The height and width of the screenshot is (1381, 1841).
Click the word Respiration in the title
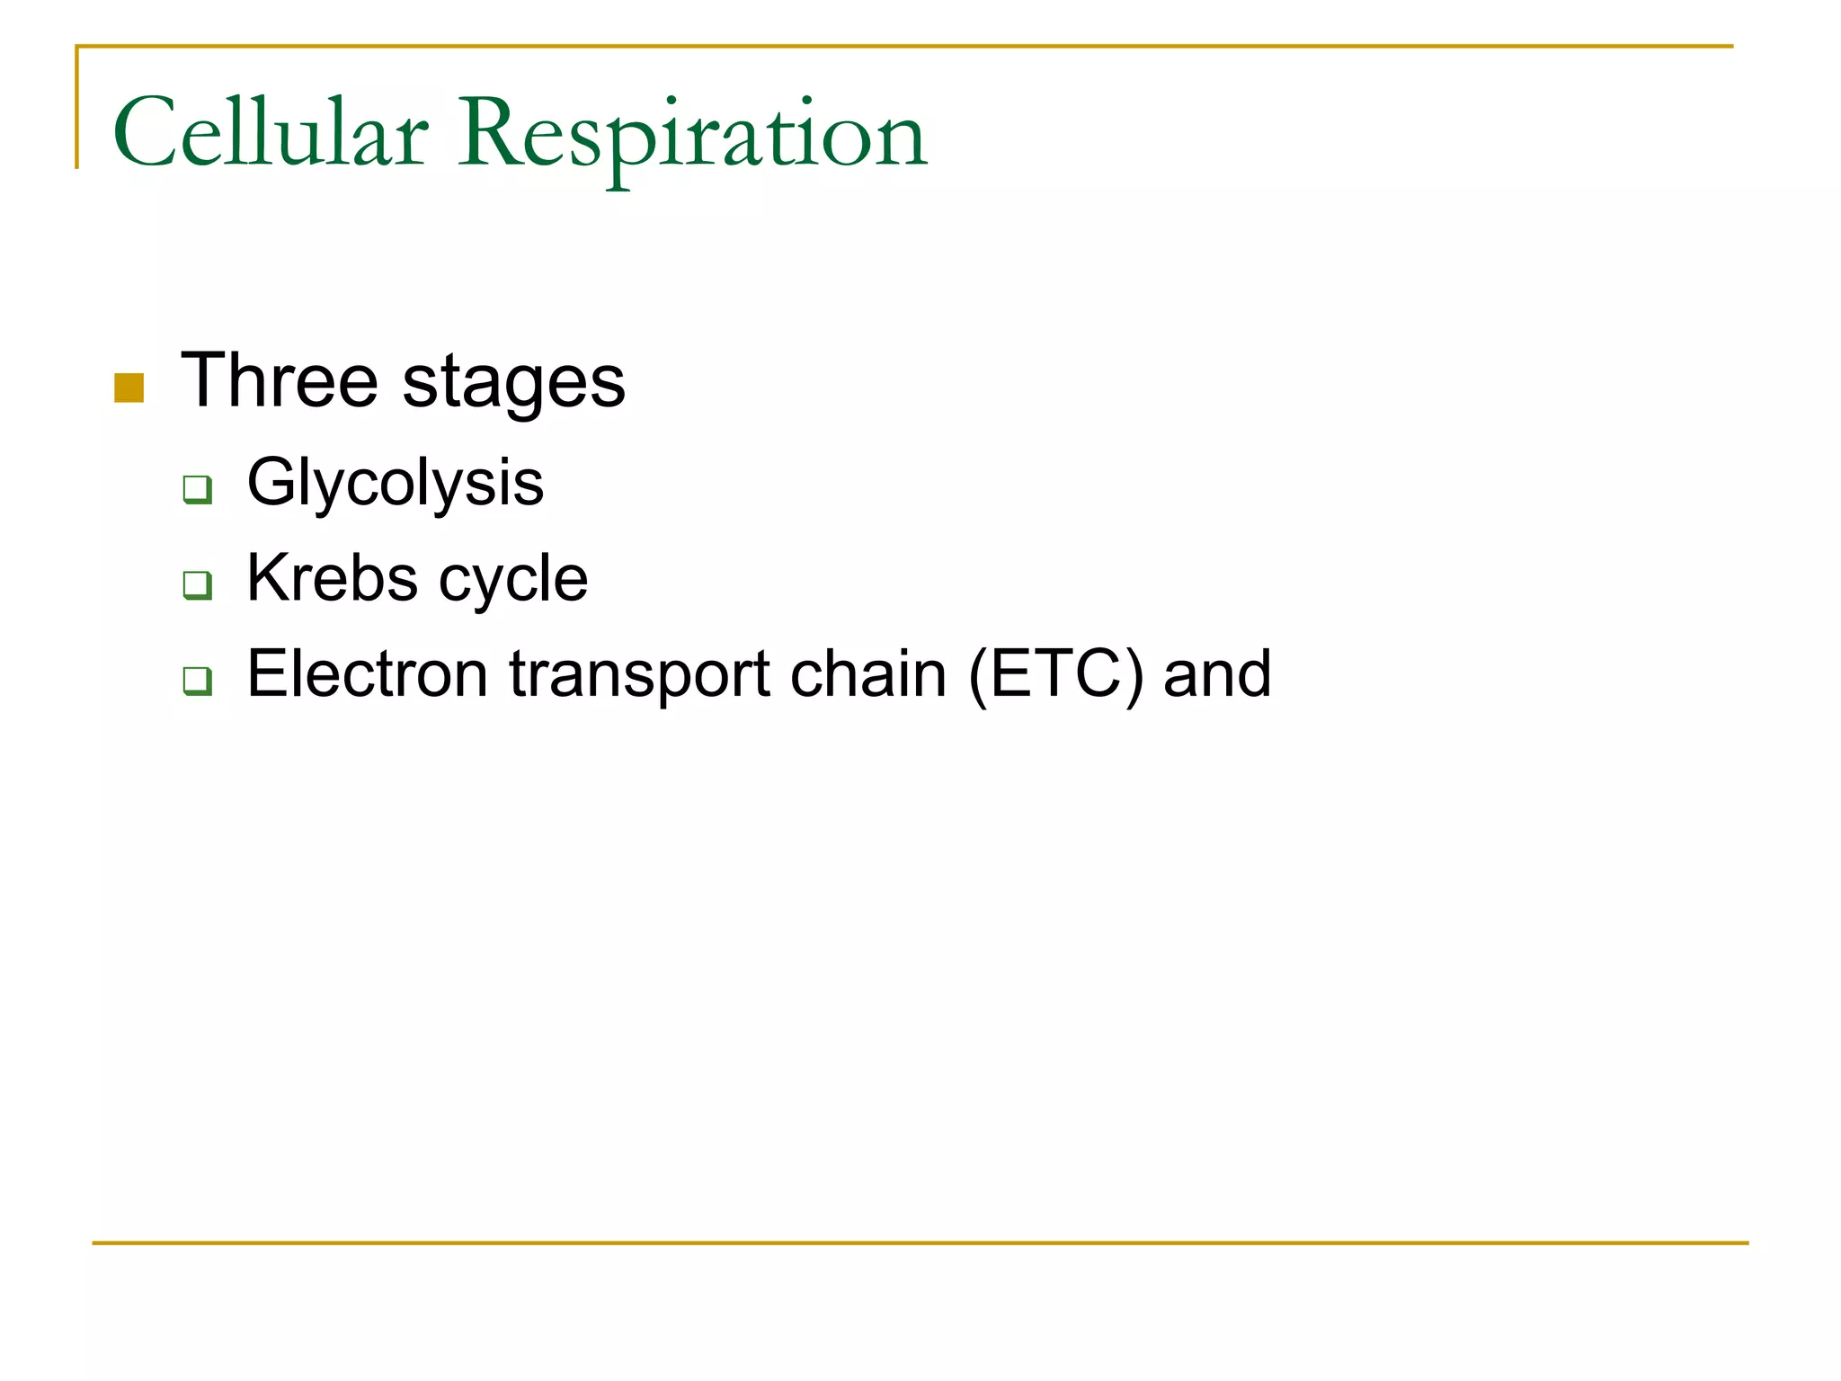[692, 135]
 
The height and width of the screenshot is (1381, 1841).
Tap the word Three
[280, 380]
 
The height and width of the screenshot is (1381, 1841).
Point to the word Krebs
[332, 577]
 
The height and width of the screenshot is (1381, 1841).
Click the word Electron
[367, 673]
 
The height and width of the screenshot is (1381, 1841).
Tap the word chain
[867, 673]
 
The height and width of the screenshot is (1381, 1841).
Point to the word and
[1217, 673]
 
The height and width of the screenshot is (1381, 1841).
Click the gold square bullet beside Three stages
[129, 388]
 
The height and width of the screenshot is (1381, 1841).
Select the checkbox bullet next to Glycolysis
[197, 490]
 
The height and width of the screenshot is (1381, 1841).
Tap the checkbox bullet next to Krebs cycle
[197, 584]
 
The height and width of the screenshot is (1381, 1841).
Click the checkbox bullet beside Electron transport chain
[197, 681]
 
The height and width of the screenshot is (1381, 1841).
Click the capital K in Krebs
[268, 577]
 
